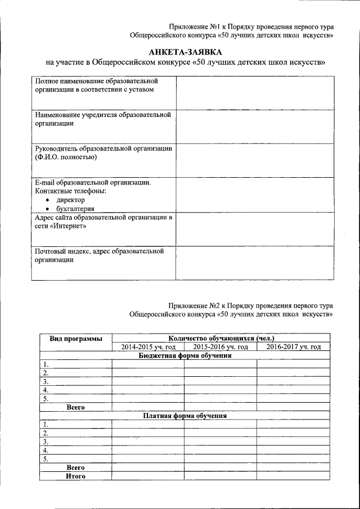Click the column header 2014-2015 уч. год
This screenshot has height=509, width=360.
tap(148, 347)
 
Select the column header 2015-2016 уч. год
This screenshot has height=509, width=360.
tap(220, 347)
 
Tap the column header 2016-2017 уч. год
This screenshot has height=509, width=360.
tap(293, 347)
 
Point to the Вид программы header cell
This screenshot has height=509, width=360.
tap(75, 339)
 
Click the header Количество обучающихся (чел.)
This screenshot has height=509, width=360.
tap(220, 339)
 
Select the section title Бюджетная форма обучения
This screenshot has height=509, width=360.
tap(185, 355)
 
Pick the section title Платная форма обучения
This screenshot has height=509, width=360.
tap(185, 416)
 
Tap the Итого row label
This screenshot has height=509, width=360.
tap(75, 476)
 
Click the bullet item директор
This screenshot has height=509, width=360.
tap(70, 200)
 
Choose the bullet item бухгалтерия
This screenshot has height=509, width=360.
tap(75, 209)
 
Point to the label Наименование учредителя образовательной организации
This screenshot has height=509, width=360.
tap(102, 119)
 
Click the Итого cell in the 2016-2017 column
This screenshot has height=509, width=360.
tap(293, 476)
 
